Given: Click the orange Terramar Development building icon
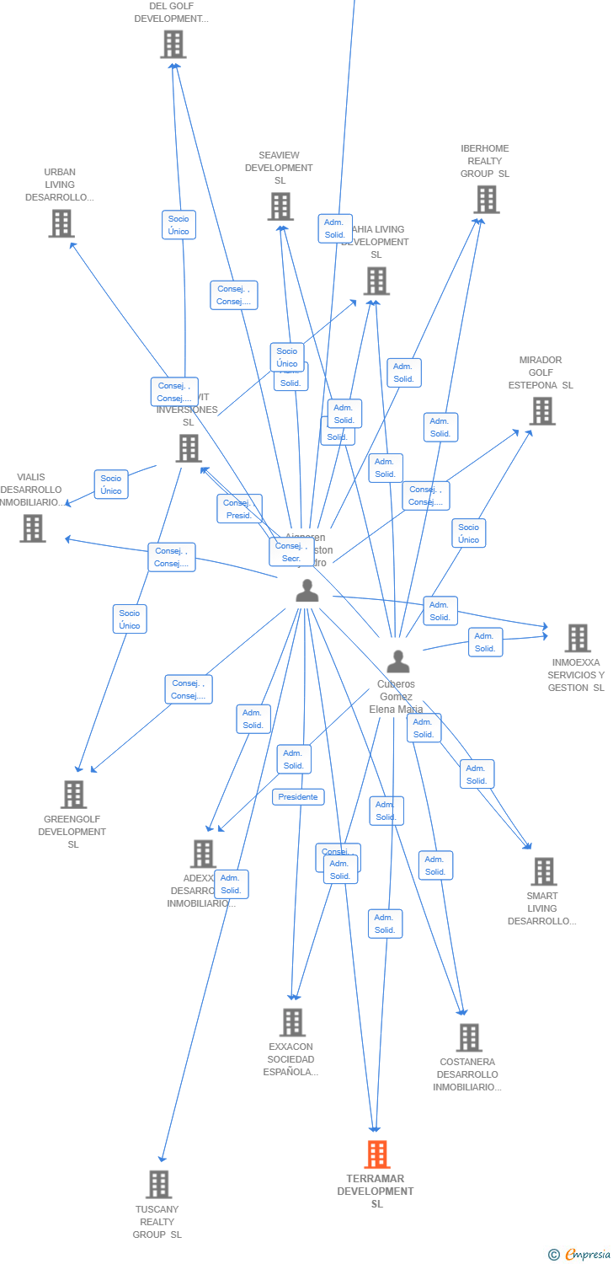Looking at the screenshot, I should click(377, 1154).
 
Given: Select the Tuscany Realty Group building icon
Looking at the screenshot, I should click(158, 1184).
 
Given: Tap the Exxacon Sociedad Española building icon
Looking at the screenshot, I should click(292, 1022).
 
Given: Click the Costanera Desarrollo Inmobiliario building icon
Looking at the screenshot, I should click(469, 1037).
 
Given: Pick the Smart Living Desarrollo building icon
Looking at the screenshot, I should click(543, 871).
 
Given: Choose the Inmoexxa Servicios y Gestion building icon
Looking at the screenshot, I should click(577, 638).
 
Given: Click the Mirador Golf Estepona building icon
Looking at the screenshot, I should click(542, 411).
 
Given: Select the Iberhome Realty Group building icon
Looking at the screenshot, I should click(486, 200).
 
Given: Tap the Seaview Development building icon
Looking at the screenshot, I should click(280, 206).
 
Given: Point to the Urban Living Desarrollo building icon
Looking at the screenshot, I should click(61, 223).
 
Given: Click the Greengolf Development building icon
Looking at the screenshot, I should click(73, 794).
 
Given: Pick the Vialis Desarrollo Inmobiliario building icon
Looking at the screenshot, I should click(32, 528).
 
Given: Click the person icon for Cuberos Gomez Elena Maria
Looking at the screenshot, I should click(397, 662).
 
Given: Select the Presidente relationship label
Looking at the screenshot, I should click(298, 797).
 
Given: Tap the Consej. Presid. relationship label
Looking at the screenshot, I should click(239, 509).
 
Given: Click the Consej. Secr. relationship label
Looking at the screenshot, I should click(291, 552).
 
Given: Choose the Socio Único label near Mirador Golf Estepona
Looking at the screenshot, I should click(468, 533).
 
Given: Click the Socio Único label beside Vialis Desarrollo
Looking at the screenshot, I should click(111, 485).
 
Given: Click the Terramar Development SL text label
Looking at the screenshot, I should click(376, 1192).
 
